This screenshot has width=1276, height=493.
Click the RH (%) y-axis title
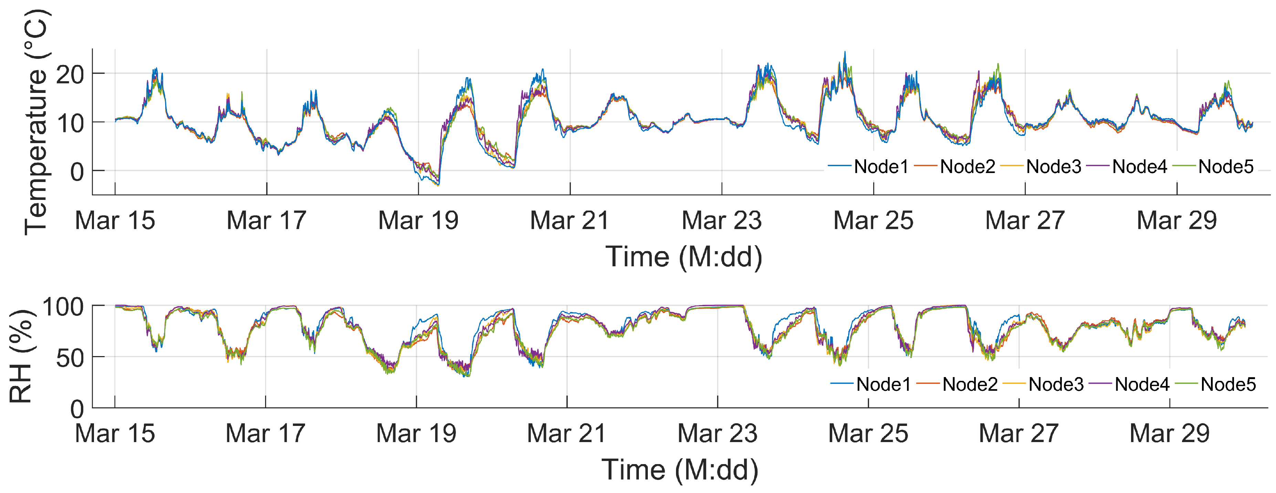(21, 356)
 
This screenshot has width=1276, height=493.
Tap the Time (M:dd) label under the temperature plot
(684, 256)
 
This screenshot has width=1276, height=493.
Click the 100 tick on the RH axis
(63, 307)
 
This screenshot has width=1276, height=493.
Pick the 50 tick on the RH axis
(70, 358)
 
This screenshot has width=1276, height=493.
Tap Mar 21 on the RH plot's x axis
(567, 433)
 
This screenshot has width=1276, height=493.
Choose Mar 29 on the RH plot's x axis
(1170, 433)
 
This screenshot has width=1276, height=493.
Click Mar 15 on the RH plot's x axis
(115, 433)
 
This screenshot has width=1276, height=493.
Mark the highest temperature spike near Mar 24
(845, 52)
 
